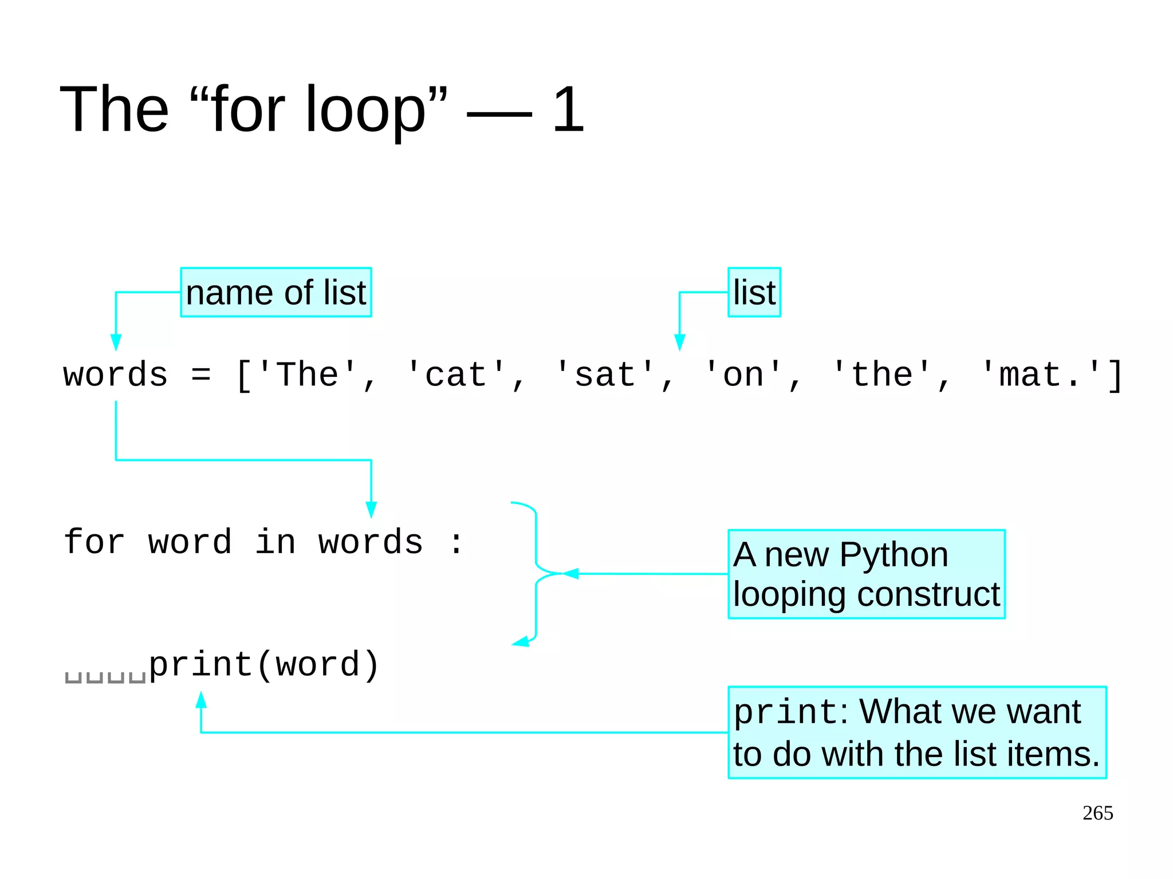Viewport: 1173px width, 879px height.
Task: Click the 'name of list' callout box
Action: [x=275, y=292]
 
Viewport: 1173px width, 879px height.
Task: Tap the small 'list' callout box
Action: [x=754, y=292]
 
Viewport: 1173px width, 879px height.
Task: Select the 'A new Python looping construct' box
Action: [x=866, y=574]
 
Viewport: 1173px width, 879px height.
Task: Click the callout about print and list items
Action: [x=916, y=732]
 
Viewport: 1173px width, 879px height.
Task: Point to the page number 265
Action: [x=1097, y=813]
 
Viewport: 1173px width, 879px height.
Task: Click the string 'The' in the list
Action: [x=308, y=375]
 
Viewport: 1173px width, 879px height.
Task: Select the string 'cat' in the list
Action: [x=456, y=375]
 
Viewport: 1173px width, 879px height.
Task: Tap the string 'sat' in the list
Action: [x=605, y=375]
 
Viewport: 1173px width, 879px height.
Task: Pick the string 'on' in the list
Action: [x=743, y=375]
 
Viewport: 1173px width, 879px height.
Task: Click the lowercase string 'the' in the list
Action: [x=881, y=375]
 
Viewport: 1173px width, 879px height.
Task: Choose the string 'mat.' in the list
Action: [x=1041, y=375]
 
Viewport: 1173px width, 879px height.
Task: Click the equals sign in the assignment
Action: [x=201, y=376]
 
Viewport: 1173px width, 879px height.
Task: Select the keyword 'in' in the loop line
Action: [x=275, y=542]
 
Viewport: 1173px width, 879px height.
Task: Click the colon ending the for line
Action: [x=456, y=543]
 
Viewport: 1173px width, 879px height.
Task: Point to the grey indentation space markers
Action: [x=105, y=677]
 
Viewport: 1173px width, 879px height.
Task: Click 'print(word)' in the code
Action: [x=264, y=665]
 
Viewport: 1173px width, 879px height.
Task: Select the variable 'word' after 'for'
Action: [x=190, y=542]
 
